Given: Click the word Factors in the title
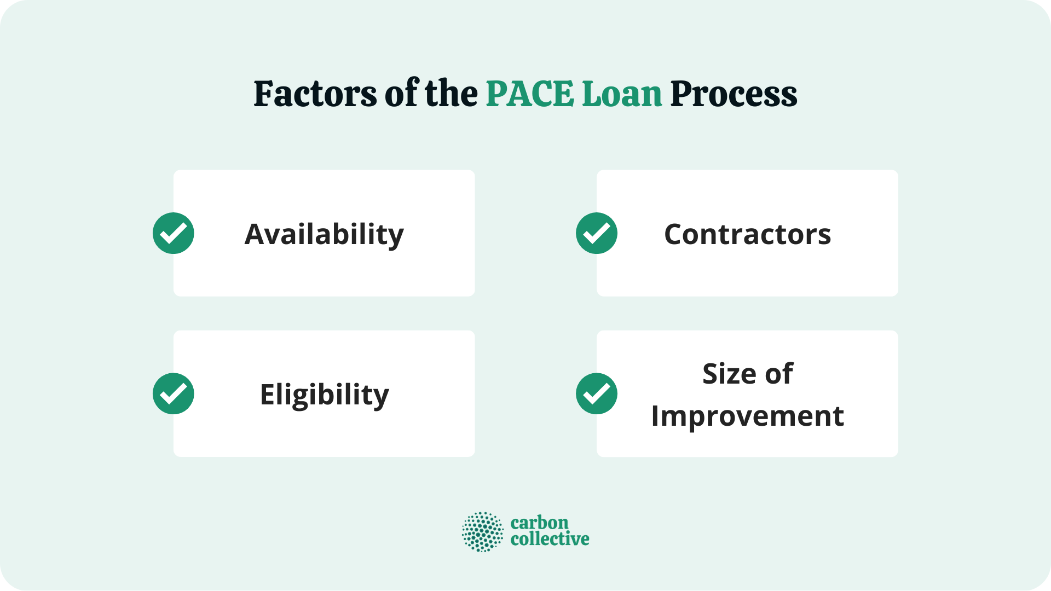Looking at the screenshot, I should [x=315, y=94].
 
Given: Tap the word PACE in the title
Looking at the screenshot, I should [x=529, y=94].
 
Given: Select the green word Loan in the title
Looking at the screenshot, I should [x=622, y=94].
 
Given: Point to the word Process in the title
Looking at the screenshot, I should [x=734, y=95].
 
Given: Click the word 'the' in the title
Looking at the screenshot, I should [x=451, y=94].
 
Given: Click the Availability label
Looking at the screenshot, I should [x=324, y=234].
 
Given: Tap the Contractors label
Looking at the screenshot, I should [x=747, y=234].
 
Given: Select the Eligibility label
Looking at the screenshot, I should [x=324, y=395].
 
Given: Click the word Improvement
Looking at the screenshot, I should [x=747, y=416].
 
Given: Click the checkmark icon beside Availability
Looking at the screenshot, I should [x=174, y=233].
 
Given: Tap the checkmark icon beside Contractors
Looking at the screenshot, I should [x=597, y=233].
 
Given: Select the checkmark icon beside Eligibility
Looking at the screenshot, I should [x=174, y=393].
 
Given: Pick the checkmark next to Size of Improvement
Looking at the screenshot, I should [x=597, y=393].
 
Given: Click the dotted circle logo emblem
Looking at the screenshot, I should [x=482, y=531].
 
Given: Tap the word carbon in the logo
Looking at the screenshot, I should [x=539, y=523].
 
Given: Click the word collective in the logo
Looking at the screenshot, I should [x=550, y=539].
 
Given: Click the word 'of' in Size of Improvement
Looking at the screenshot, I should [x=779, y=374].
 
